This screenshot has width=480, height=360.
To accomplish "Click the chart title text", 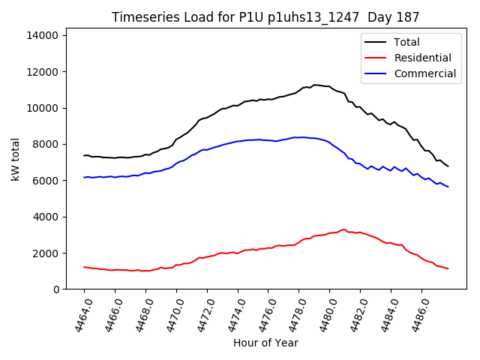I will (265, 16).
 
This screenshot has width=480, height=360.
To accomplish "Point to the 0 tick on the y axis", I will (57, 289).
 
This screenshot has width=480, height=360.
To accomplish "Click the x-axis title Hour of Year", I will (265, 343).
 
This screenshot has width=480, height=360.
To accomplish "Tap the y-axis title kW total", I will (15, 159).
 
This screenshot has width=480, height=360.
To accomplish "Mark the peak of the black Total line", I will (315, 85).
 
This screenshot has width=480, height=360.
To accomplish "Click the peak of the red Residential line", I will (345, 229).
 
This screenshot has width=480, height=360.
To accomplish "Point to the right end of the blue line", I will (448, 187).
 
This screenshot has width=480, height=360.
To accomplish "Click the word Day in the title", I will (382, 16).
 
